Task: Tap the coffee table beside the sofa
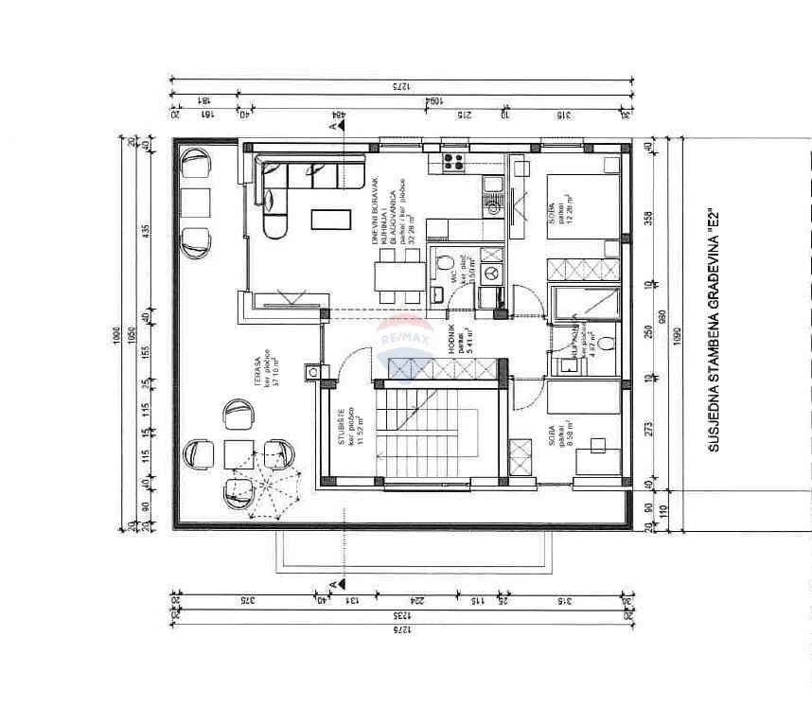tap(329, 218)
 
